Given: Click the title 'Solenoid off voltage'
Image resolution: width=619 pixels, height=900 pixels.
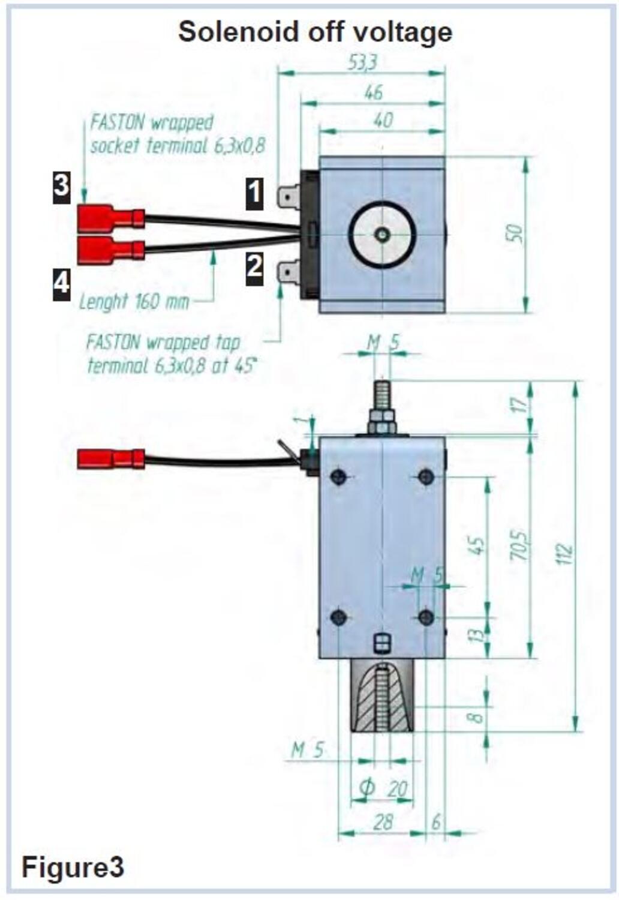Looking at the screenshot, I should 315,31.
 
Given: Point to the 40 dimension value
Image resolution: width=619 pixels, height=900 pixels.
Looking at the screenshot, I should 383,120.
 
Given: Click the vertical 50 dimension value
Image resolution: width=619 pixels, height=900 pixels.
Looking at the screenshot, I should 515,234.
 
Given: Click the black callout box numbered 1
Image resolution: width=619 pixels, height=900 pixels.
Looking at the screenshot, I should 254,193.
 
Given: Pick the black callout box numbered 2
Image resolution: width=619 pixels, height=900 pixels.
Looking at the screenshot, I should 254,266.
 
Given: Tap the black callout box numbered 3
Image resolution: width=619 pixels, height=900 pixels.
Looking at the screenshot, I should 61,186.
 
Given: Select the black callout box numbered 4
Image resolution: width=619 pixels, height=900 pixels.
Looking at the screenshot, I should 61,283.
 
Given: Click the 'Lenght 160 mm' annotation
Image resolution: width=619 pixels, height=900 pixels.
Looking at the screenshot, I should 134,301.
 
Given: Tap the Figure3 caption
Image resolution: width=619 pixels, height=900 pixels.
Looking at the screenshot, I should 73,867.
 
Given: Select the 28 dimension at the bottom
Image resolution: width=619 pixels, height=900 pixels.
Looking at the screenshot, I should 383,821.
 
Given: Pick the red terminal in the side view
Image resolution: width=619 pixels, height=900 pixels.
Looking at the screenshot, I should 110,460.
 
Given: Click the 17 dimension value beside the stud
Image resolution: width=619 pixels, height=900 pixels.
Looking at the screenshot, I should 522,403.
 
